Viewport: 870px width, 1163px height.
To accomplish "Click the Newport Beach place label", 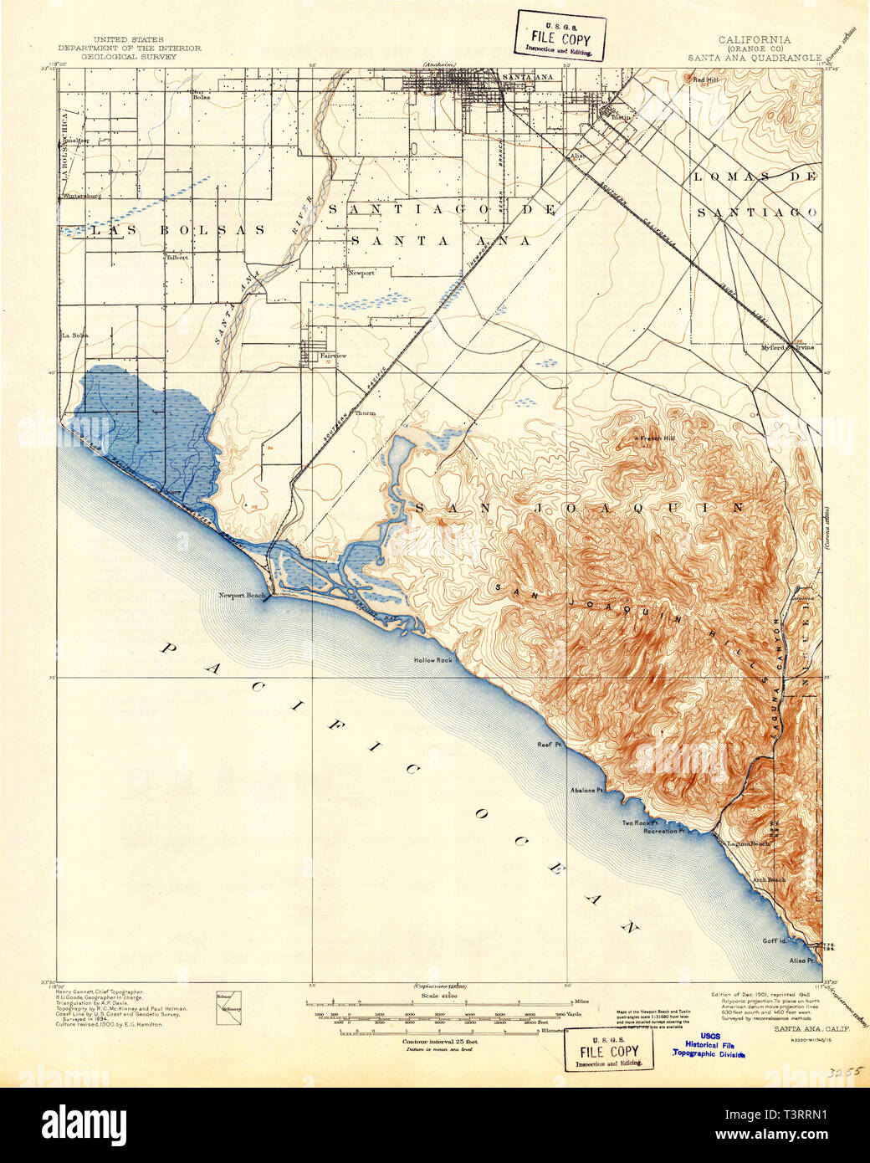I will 242,596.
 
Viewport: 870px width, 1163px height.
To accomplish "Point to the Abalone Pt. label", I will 587,790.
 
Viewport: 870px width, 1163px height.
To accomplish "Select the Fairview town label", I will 333,356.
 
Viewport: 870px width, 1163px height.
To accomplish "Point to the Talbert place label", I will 177,257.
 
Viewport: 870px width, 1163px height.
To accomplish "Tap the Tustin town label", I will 620,118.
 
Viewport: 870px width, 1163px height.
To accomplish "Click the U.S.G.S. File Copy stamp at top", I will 560,34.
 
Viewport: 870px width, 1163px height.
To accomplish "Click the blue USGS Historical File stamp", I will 710,1048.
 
